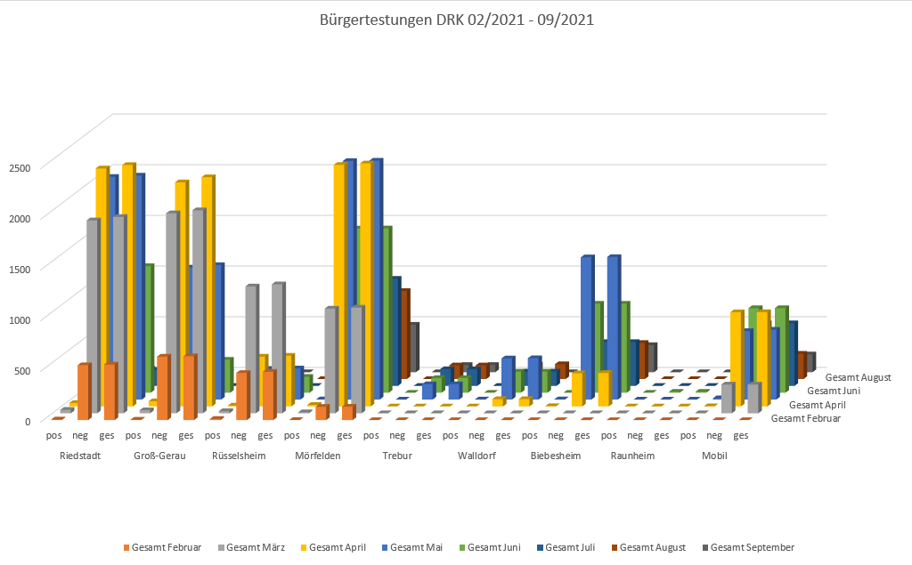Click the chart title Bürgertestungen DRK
[455, 19]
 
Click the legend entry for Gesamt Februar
[166, 547]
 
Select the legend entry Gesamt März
[256, 547]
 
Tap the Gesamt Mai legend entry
[416, 547]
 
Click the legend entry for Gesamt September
[752, 547]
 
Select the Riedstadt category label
[80, 456]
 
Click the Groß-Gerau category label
[159, 456]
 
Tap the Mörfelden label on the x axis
[318, 456]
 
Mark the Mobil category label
[714, 456]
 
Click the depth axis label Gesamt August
[858, 377]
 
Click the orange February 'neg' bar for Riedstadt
[83, 391]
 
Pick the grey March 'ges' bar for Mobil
[753, 398]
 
